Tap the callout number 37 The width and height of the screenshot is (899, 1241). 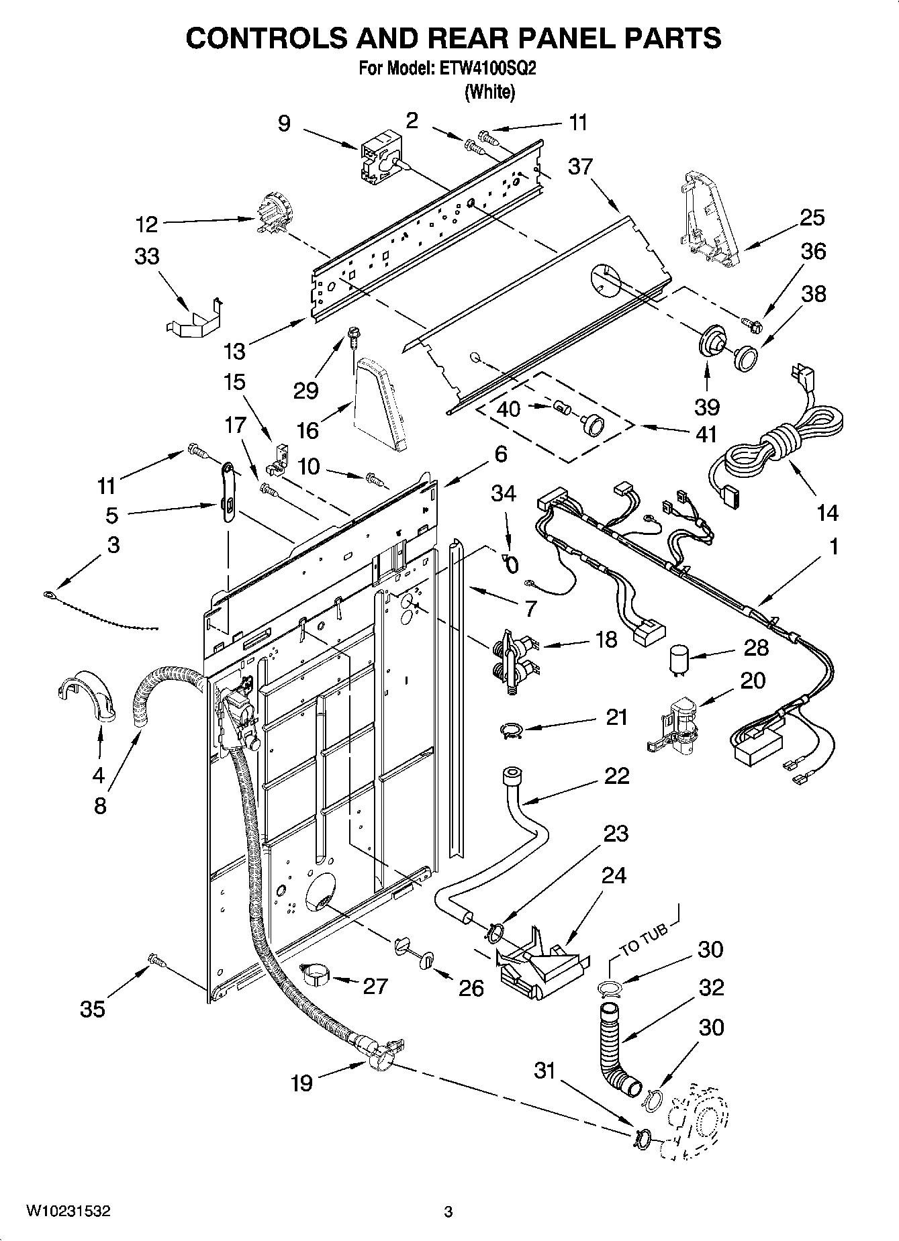click(580, 166)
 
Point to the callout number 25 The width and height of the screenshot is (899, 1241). click(812, 217)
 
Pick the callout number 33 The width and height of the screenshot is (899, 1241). click(147, 256)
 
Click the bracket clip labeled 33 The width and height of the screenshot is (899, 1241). click(194, 317)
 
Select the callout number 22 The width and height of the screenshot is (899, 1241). click(616, 776)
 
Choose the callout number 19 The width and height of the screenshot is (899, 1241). click(302, 1083)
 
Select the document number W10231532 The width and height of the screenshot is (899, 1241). click(68, 1211)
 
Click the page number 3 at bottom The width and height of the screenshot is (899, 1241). click(448, 1211)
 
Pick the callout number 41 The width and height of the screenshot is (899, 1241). click(706, 434)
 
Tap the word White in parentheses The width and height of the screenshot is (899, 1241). click(490, 93)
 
